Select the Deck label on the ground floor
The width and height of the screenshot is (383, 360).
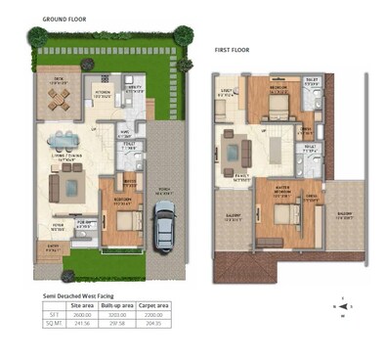(59, 81)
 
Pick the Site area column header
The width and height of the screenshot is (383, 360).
(83, 306)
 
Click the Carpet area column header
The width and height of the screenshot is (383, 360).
(153, 306)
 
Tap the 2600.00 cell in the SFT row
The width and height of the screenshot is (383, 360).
(83, 314)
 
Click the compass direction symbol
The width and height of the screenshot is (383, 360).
(341, 305)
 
